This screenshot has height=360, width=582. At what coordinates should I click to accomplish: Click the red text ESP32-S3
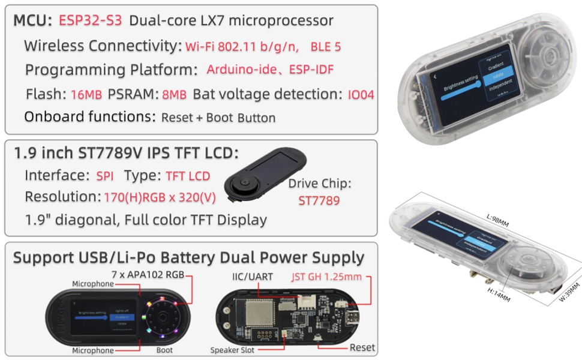point(90,20)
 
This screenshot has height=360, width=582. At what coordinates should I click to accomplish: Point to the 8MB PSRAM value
point(174,94)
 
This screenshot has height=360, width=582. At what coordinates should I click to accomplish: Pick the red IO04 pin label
point(361,94)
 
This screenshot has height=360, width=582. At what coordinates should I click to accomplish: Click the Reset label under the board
point(362,347)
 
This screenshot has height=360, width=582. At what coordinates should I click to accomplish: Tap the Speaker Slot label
point(236,350)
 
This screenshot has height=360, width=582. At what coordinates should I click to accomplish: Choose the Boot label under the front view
point(164,350)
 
